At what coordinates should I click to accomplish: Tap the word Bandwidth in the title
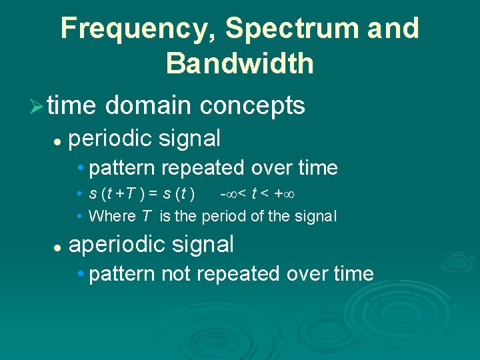click(240, 63)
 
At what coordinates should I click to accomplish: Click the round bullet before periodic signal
click(58, 140)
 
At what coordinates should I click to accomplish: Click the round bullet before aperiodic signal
click(58, 246)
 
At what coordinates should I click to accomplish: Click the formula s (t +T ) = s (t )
click(142, 194)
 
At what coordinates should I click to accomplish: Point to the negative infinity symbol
click(227, 194)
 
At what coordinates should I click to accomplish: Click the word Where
click(111, 216)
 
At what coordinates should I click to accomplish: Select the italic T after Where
click(146, 216)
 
